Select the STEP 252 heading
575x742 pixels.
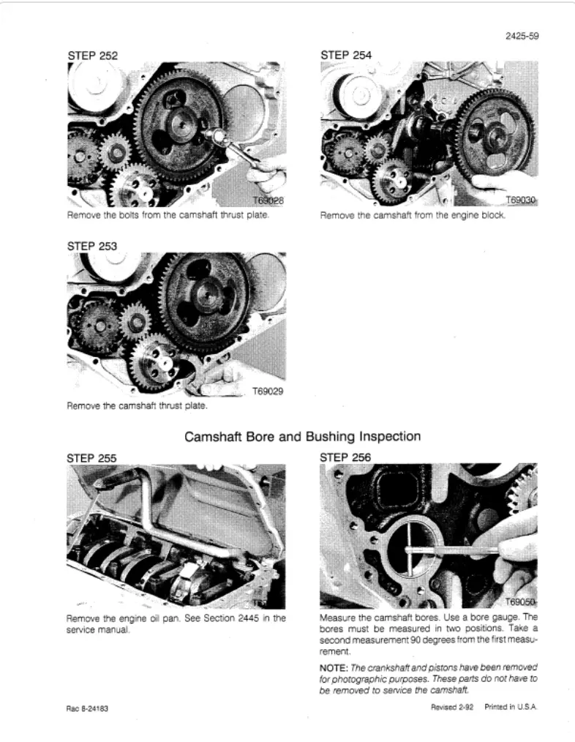tap(92, 55)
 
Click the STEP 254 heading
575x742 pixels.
tap(346, 55)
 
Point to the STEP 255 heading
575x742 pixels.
tap(92, 458)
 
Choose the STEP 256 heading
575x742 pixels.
tap(346, 458)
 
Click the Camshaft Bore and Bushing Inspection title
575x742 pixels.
tap(302, 437)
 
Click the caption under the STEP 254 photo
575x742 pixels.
tap(413, 217)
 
